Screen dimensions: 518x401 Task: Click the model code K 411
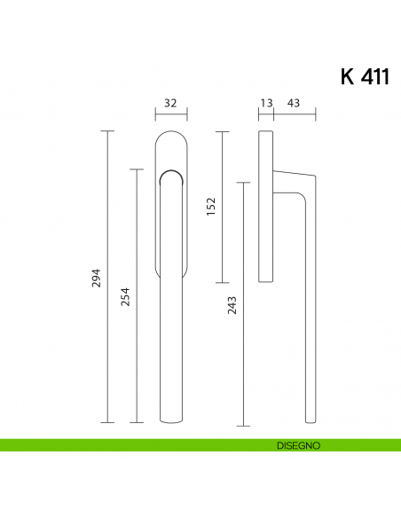coord(364,76)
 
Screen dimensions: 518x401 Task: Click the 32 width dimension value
coord(170,103)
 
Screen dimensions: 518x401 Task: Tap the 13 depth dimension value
coord(265,103)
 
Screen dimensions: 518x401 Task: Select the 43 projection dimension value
coord(294,103)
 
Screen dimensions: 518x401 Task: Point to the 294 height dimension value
coord(98,277)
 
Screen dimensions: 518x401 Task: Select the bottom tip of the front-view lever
coord(170,419)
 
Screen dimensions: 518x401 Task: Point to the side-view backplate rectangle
coord(265,206)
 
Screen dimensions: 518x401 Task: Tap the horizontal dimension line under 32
coord(170,114)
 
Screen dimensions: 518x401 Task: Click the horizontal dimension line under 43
coord(295,114)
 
